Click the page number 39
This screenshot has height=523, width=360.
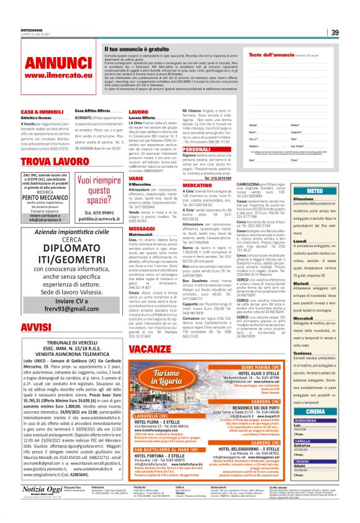coord(335,33)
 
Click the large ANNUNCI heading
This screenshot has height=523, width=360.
coord(46,62)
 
